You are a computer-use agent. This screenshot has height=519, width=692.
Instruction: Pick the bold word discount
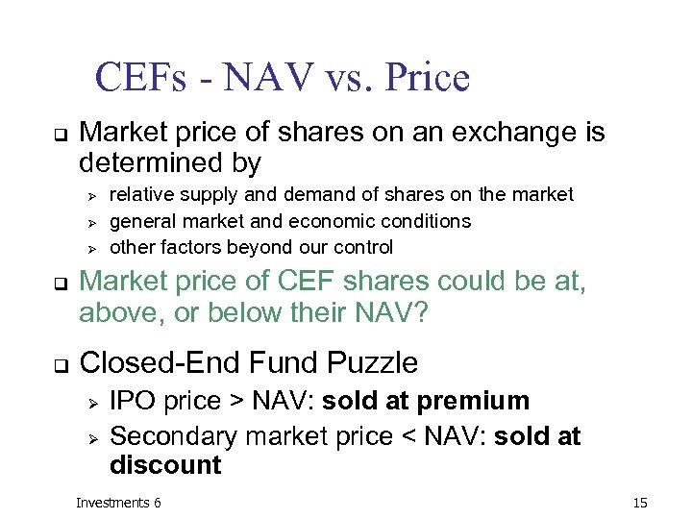coord(165,466)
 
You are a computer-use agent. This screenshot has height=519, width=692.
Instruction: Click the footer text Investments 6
coord(118,503)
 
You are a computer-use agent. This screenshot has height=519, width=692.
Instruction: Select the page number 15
coord(641,503)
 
